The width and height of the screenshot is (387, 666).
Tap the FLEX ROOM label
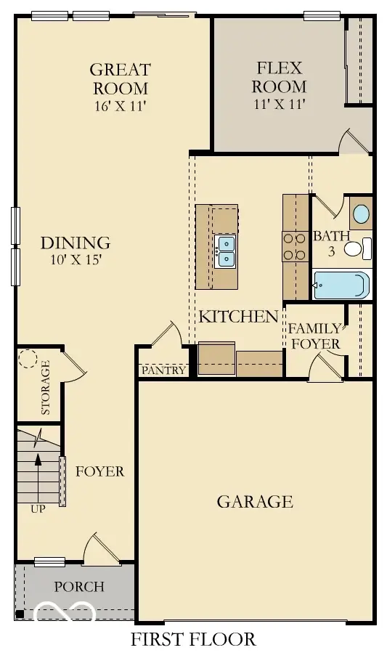(280, 77)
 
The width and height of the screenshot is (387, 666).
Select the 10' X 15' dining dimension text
(75, 260)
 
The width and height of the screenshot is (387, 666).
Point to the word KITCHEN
(238, 317)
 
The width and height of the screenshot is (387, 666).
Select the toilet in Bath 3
(355, 250)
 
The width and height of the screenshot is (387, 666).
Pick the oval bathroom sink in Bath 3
(360, 214)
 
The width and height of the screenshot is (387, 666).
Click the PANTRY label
(163, 370)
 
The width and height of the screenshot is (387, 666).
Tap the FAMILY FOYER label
(314, 336)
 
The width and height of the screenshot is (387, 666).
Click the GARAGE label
(255, 502)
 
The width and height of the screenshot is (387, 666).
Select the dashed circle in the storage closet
(28, 360)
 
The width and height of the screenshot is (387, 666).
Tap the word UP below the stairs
(38, 509)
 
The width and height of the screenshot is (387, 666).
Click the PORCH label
(79, 587)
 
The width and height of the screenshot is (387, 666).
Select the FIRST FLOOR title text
(193, 640)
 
